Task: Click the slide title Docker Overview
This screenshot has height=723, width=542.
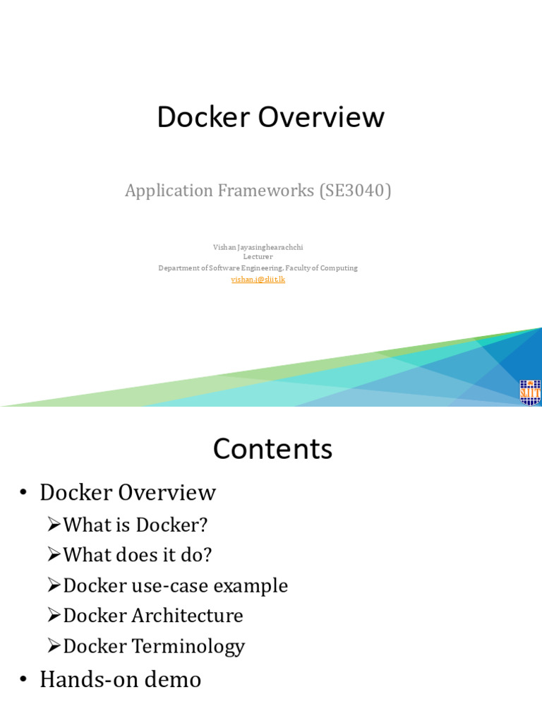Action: pos(270,117)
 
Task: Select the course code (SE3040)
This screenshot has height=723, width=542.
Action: pos(355,191)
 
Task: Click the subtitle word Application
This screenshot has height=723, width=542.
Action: pos(169,191)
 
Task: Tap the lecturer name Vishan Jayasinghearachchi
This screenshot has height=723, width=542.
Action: pos(258,247)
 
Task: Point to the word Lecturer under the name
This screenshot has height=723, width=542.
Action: pos(258,257)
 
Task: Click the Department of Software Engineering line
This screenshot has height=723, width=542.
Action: pos(258,268)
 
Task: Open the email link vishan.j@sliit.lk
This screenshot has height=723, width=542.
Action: pos(258,279)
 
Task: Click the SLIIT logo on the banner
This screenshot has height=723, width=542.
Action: pos(529,393)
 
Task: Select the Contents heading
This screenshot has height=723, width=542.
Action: pos(272,449)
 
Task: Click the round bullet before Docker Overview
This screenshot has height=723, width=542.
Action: pos(24,494)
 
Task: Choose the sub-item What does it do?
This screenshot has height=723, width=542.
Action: pos(137,556)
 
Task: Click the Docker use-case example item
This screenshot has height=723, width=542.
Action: pos(175,586)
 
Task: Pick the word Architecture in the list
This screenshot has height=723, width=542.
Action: pos(187,616)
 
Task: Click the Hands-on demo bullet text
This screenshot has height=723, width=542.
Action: pos(120,680)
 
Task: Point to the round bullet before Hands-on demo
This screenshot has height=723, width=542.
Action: pos(24,681)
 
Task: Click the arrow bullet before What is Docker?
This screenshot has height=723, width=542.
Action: pos(54,525)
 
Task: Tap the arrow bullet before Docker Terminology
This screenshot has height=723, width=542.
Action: pos(54,646)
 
